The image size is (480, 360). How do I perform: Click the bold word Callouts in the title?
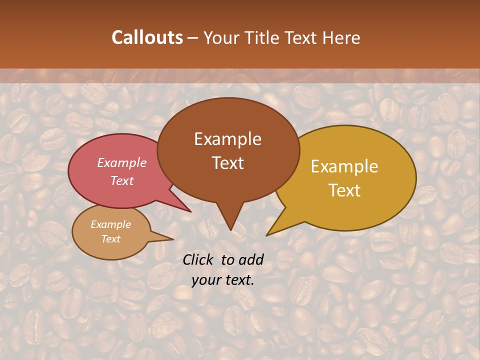click(x=147, y=37)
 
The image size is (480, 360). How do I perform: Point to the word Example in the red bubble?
click(x=122, y=162)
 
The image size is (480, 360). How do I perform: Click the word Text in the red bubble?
click(x=122, y=180)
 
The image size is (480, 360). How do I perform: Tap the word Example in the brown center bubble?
click(x=227, y=139)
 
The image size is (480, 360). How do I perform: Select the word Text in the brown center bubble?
click(x=227, y=163)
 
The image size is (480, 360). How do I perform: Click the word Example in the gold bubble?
click(x=344, y=166)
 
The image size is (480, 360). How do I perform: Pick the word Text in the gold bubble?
click(x=345, y=190)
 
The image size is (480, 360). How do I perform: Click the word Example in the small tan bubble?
click(x=110, y=224)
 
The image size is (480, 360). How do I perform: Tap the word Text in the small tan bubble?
click(x=110, y=239)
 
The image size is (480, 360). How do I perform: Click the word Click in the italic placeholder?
click(x=199, y=259)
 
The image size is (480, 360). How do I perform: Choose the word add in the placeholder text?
click(x=251, y=259)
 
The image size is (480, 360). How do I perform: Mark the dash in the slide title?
click(x=193, y=37)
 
